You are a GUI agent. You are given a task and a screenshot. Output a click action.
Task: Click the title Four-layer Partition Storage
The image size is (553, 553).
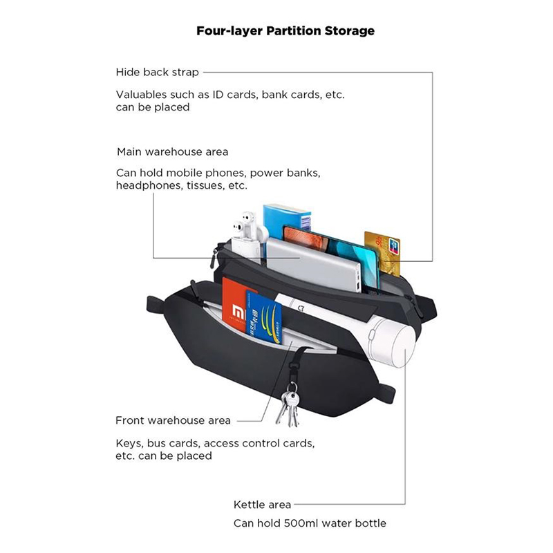[285, 30]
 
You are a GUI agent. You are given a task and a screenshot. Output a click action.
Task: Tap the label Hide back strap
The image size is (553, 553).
[158, 73]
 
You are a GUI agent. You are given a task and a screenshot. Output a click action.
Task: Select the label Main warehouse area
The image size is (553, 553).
[172, 152]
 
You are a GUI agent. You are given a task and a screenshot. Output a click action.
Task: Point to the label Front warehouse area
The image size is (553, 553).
[174, 420]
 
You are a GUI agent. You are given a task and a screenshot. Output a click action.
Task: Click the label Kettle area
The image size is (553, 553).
[262, 505]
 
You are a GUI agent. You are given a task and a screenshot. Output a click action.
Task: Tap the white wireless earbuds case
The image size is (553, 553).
[248, 237]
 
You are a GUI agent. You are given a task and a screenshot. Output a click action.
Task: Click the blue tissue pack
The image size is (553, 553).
[287, 221]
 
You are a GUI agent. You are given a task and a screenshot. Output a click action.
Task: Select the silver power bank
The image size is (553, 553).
[314, 264]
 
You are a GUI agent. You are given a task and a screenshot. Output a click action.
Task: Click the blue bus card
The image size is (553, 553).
[263, 317]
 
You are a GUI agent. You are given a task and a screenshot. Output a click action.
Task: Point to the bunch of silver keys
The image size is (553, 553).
[288, 406]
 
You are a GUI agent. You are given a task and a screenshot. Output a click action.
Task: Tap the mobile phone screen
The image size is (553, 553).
[330, 252]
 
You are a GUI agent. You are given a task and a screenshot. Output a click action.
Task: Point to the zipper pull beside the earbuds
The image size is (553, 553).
[214, 258]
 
